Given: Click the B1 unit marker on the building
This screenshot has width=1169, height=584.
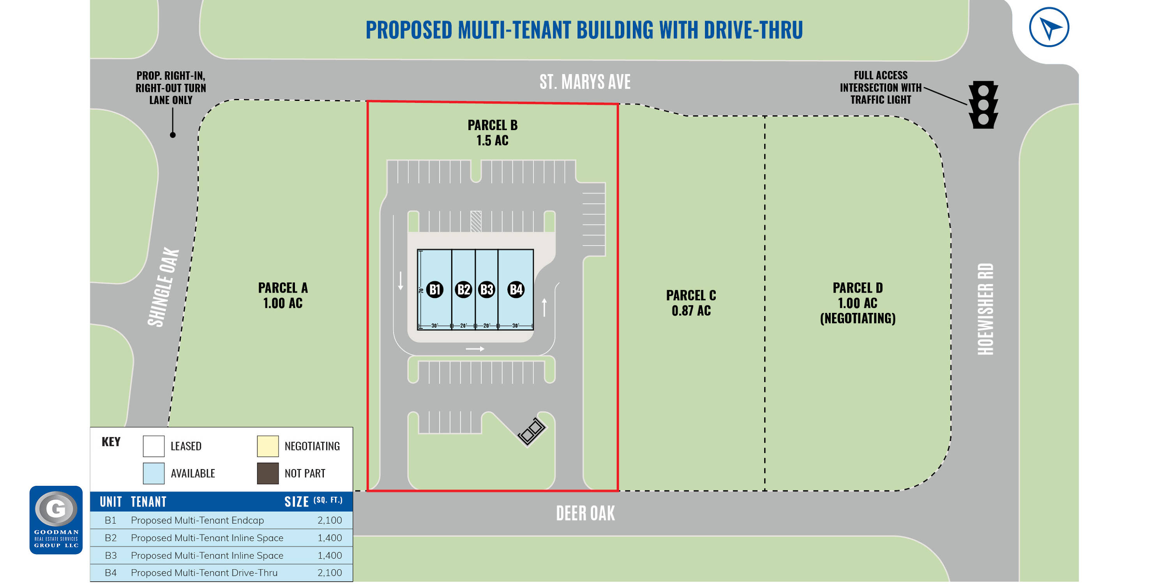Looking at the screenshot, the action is pyautogui.click(x=434, y=289).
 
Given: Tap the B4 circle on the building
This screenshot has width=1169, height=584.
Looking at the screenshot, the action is pyautogui.click(x=516, y=289).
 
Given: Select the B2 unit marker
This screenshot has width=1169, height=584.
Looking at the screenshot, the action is pyautogui.click(x=463, y=289).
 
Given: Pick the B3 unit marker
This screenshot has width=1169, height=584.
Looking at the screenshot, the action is pyautogui.click(x=486, y=289).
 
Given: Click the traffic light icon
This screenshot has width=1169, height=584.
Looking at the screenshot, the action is pyautogui.click(x=983, y=104).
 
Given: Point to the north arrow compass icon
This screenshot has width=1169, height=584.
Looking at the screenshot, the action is pyautogui.click(x=1049, y=27).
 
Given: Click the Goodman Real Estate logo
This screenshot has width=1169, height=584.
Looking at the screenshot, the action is pyautogui.click(x=56, y=520).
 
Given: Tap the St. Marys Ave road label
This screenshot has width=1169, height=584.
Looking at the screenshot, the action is pyautogui.click(x=584, y=82).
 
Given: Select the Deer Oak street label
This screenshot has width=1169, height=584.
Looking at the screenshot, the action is pyautogui.click(x=585, y=513).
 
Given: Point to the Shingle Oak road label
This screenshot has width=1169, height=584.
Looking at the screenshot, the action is pyautogui.click(x=163, y=287).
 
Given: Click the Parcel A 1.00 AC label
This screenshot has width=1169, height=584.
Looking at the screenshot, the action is pyautogui.click(x=283, y=295).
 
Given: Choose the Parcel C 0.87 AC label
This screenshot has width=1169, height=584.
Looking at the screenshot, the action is pyautogui.click(x=691, y=303).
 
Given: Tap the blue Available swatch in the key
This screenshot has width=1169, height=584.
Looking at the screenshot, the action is pyautogui.click(x=154, y=473).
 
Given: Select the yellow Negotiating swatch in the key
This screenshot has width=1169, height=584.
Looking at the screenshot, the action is pyautogui.click(x=268, y=446).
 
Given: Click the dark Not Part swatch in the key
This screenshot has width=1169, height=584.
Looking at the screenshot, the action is pyautogui.click(x=268, y=473).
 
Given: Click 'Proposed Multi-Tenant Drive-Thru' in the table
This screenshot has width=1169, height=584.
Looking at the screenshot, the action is pyautogui.click(x=204, y=573).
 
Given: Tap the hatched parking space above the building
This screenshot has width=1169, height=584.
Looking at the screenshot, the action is pyautogui.click(x=475, y=221).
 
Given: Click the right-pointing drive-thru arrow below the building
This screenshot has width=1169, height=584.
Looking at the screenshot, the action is pyautogui.click(x=475, y=349).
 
